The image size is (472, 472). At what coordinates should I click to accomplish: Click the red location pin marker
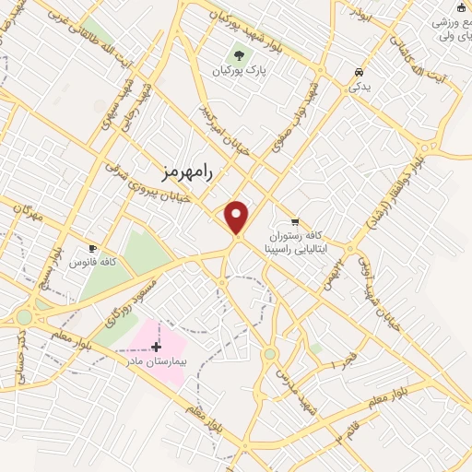237,217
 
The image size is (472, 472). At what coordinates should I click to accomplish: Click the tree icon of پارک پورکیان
238,55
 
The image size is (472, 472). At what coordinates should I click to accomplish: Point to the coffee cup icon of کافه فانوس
91,249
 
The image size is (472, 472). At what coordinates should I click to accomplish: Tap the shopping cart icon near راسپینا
294,221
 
